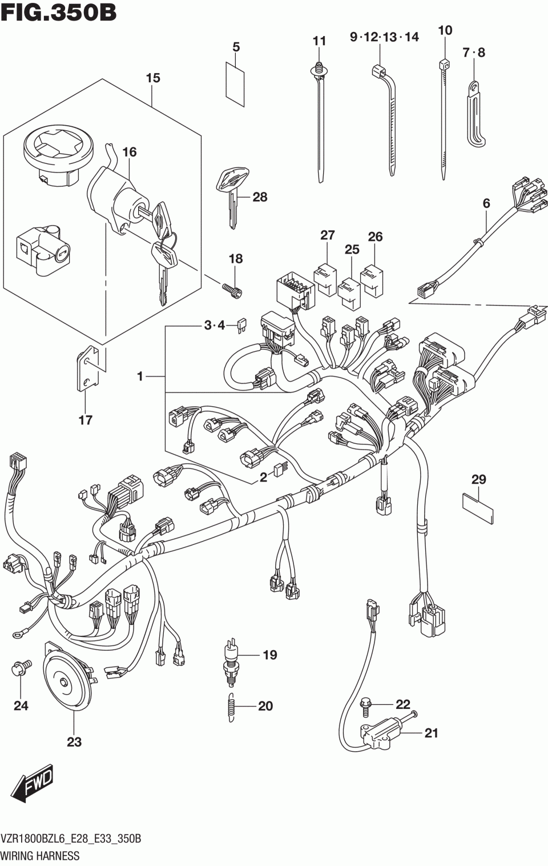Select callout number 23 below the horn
point(74,741)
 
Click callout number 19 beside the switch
point(269,655)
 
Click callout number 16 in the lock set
point(130,152)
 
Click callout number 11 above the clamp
point(319,41)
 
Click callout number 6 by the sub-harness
point(486,203)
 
